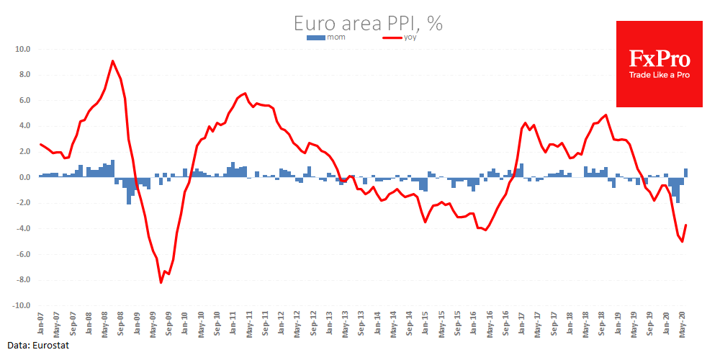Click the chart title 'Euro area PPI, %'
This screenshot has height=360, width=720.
[368, 23]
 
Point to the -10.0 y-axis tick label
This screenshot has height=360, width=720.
[20, 305]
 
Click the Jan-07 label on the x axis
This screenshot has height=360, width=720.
[42, 322]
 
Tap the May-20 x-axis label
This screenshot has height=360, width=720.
[682, 322]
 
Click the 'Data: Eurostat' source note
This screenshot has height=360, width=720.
[35, 346]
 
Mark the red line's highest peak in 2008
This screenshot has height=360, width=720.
[112, 60]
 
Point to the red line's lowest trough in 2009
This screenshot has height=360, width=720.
[161, 283]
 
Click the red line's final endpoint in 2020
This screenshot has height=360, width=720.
[686, 225]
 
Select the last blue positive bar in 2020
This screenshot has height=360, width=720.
[686, 173]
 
